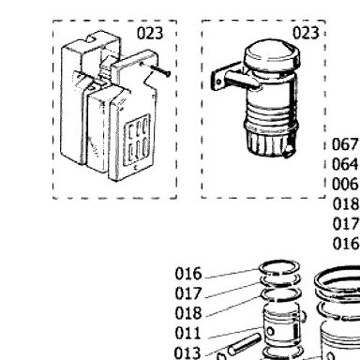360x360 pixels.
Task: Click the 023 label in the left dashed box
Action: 150,33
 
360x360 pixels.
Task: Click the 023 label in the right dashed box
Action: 306,33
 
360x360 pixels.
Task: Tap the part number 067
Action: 345,144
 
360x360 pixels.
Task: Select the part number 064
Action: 345,164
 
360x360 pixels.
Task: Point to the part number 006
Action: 345,184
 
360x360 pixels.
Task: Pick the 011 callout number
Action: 187,333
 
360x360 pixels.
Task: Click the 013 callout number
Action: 187,352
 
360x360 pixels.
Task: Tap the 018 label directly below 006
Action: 345,204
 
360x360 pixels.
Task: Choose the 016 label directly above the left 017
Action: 188,274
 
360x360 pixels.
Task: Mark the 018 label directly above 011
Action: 187,313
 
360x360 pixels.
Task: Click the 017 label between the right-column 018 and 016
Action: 345,224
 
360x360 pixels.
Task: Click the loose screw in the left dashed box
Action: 160,70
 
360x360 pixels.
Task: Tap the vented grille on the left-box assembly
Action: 137,140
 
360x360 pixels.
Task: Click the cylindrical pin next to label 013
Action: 244,344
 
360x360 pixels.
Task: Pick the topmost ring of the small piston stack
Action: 279,268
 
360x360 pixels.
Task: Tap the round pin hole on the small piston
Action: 270,331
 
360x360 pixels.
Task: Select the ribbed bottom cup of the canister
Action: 269,142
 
